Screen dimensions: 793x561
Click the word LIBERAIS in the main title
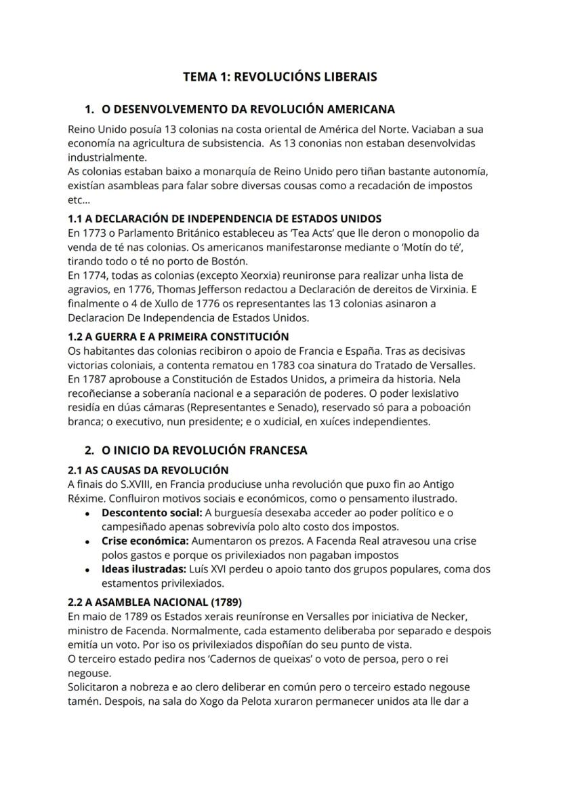pyautogui.click(x=344, y=77)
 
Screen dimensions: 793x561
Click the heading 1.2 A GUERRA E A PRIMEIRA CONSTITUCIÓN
pyautogui.click(x=178, y=336)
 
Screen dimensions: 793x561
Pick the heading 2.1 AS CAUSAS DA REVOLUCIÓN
pyautogui.click(x=148, y=469)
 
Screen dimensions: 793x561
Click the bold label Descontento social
pyautogui.click(x=151, y=512)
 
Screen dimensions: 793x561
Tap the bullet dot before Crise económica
pyautogui.click(x=88, y=541)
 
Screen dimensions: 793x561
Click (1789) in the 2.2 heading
pyautogui.click(x=221, y=602)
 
